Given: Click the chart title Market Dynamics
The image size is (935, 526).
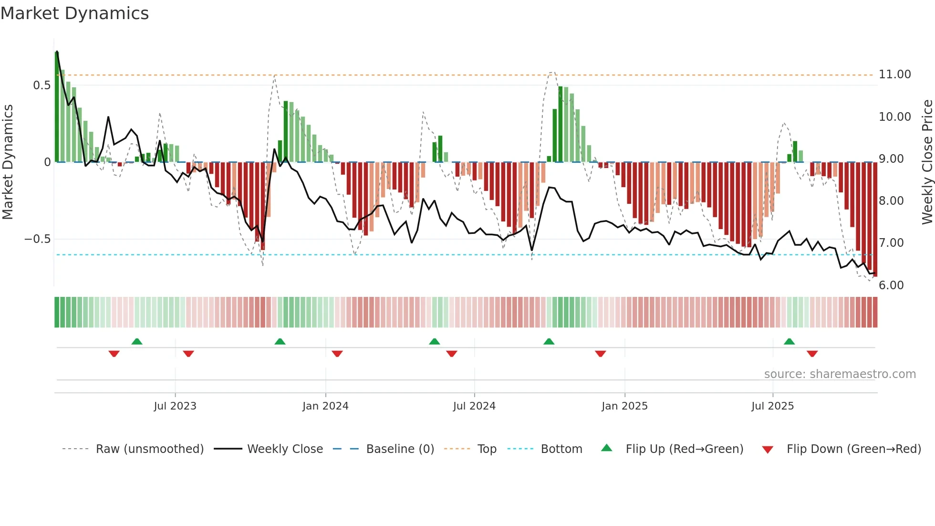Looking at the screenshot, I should (74, 13).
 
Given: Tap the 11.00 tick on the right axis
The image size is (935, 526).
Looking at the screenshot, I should (894, 74).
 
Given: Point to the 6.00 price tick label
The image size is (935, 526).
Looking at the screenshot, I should (891, 285).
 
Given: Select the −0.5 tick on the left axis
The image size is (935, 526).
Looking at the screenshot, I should (38, 239).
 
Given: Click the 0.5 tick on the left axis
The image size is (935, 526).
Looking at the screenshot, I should (42, 85).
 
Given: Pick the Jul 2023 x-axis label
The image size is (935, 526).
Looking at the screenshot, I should (175, 406).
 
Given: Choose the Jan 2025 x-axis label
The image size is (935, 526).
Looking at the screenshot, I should (624, 406).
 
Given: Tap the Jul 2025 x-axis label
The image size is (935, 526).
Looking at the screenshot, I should (772, 406).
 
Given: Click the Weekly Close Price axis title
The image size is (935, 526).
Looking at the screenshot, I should (927, 162).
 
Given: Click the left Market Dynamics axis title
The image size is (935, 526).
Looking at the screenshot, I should (8, 162).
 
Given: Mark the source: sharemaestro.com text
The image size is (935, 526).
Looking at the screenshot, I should (840, 374).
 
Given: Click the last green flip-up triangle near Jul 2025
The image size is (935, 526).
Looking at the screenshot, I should (789, 342).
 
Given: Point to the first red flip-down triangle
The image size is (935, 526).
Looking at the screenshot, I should (114, 354).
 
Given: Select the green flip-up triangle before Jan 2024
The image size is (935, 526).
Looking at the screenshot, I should (280, 342).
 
